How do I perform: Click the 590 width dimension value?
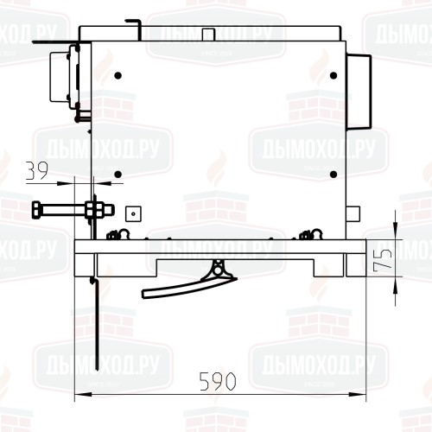(x=218, y=381)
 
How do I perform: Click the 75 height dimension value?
(x=383, y=258)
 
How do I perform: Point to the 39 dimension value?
(x=37, y=171)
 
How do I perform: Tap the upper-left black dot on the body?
(x=118, y=75)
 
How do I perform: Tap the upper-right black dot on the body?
(x=334, y=75)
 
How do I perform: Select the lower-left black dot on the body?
(x=118, y=175)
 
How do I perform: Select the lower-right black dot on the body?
(x=334, y=175)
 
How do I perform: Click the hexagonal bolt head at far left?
(x=37, y=210)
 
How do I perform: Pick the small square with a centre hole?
(x=133, y=214)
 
